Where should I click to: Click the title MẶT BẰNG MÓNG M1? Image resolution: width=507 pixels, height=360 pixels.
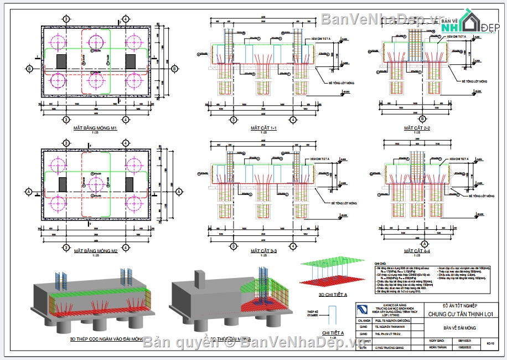pyautogui.click(x=96, y=128)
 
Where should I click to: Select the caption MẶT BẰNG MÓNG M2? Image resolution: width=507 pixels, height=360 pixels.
pyautogui.click(x=96, y=251)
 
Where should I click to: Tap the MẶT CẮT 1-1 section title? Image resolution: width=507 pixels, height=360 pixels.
pyautogui.click(x=263, y=128)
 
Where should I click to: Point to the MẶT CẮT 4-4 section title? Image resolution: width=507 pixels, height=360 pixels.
pyautogui.click(x=417, y=251)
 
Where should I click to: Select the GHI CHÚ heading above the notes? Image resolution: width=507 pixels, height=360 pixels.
pyautogui.click(x=380, y=264)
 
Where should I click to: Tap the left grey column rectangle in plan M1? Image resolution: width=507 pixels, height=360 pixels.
pyautogui.click(x=62, y=61)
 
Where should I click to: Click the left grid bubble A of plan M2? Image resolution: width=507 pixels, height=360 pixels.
pyautogui.click(x=29, y=192)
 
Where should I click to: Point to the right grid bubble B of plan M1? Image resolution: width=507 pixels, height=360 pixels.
pyautogui.click(x=174, y=69)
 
